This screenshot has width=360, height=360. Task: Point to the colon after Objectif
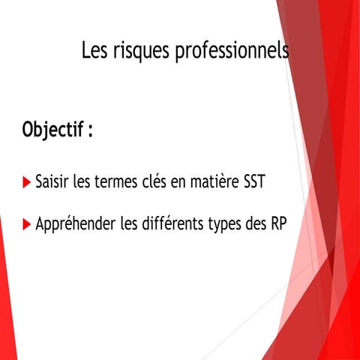pyautogui.click(x=91, y=130)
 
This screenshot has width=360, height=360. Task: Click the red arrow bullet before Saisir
pyautogui.click(x=27, y=182)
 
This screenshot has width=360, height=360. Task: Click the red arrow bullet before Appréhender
pyautogui.click(x=27, y=223)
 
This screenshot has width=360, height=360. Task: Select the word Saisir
pyautogui.click(x=52, y=182)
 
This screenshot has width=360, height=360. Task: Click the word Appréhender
pyautogui.click(x=74, y=223)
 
